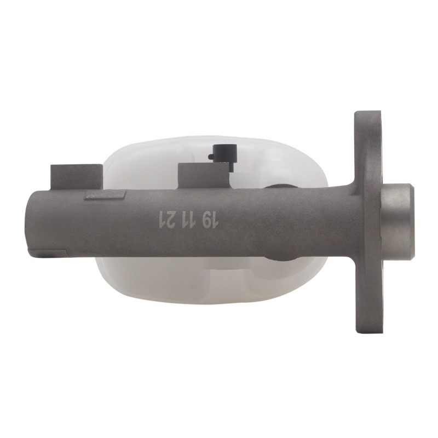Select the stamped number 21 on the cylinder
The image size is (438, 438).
tap(165, 220)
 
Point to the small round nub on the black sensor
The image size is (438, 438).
tap(210, 158)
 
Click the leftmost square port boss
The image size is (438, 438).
tap(77, 177)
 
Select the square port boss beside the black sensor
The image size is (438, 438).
tap(204, 176)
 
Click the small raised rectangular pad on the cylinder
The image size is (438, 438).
tap(105, 195)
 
